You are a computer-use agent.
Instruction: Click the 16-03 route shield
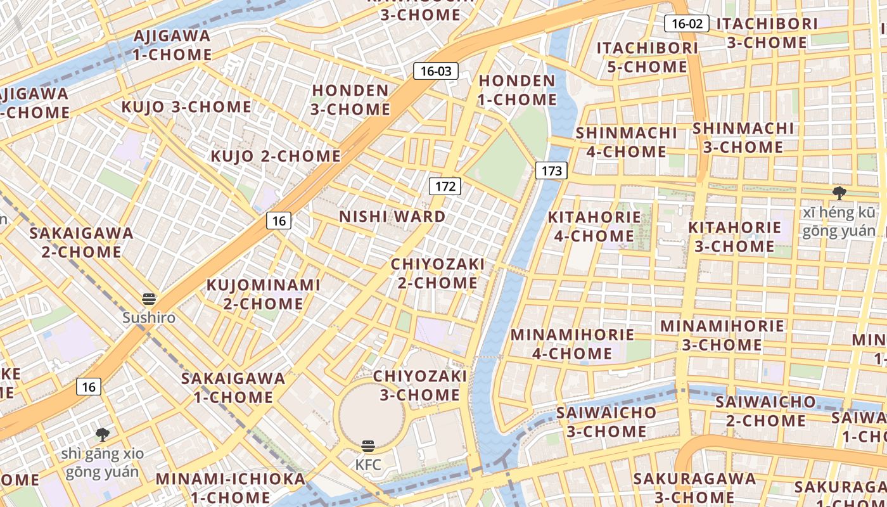pos(436,71)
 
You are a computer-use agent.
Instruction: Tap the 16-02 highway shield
pos(687,24)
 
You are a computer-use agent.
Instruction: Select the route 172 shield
pos(445,186)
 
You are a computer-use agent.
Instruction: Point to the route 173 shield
pos(551,170)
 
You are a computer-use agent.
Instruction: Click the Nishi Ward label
pos(392,217)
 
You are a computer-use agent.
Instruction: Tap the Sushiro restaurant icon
pos(149,300)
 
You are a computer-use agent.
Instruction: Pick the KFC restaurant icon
pos(368,446)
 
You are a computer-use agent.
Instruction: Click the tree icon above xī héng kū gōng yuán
pos(839,193)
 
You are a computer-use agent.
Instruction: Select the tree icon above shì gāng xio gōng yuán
pos(102,435)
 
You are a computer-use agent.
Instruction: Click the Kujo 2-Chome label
pos(276,156)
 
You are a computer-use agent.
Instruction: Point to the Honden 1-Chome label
pos(517,90)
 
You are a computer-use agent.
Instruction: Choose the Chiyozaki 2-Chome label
pos(438,273)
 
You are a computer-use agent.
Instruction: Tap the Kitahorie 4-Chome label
pos(594,226)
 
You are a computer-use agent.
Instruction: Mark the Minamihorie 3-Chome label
pos(722,335)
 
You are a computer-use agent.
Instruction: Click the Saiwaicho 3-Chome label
pos(606,422)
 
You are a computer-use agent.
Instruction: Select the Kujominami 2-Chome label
pos(263,294)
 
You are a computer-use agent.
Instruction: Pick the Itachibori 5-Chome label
pos(647,57)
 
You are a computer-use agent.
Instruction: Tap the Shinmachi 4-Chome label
pos(626,142)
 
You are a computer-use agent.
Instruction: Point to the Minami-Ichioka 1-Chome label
pos(231,487)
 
